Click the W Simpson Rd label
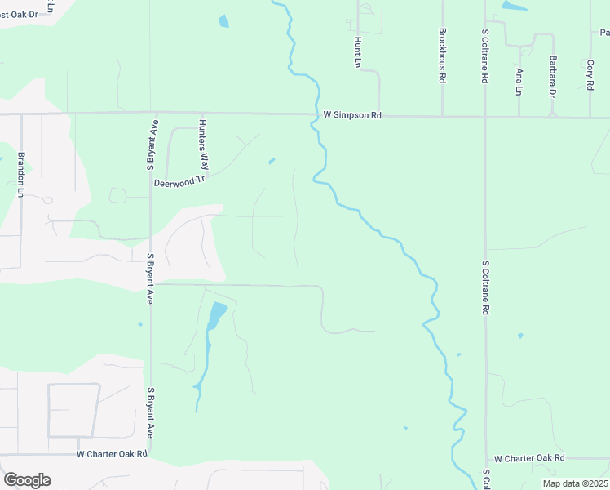pos(352,116)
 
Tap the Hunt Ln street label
pos(357,51)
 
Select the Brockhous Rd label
pos(442,56)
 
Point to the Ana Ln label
pos(518,82)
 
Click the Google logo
pos(27,479)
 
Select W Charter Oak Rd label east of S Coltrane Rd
pos(528,459)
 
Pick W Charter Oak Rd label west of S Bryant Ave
pos(112,453)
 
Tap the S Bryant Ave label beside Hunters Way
pos(151,145)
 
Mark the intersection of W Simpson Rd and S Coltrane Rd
pos(485,117)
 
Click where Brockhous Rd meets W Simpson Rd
pos(442,116)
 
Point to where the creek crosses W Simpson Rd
pos(313,115)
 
